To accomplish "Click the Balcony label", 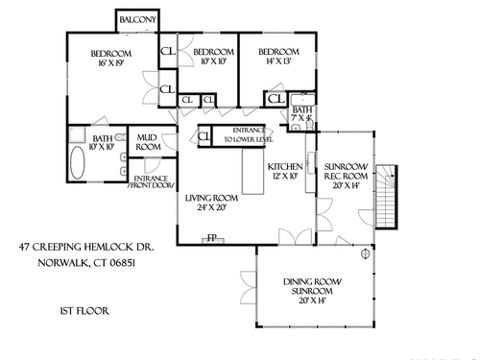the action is tap(137, 20).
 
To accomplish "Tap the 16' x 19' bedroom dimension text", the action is tap(111, 63).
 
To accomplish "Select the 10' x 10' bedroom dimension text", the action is tap(214, 61).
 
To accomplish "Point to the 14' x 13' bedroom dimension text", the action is tap(278, 60).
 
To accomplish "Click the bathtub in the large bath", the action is tap(78, 162).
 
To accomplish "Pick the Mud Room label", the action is tap(148, 142).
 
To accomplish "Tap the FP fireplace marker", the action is tap(212, 238).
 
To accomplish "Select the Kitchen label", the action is tap(285, 167).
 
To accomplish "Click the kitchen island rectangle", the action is tap(252, 171).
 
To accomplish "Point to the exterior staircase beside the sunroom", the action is tap(387, 197).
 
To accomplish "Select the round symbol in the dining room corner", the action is tap(365, 254).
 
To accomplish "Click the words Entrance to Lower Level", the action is tap(249, 134).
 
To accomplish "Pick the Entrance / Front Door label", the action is tap(152, 181).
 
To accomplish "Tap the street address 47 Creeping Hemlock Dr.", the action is tap(86, 247).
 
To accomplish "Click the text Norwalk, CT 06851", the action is tap(86, 263).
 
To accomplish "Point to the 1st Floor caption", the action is tap(84, 311).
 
